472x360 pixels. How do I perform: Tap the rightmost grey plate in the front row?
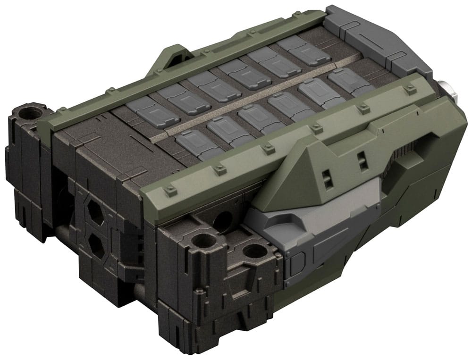coord(347,81)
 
